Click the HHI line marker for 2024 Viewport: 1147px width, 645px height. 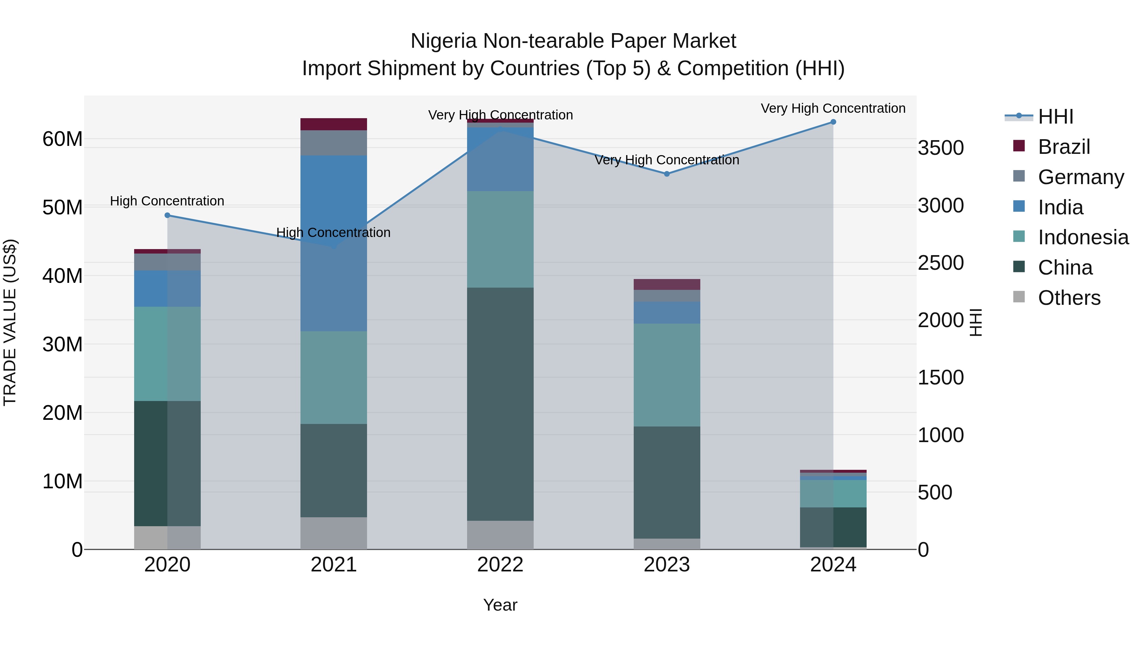(x=833, y=122)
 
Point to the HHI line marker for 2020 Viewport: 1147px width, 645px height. (x=167, y=215)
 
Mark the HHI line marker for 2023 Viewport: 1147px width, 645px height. (x=667, y=174)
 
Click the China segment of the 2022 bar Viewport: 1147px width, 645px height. (x=500, y=404)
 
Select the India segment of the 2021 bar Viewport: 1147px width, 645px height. (x=334, y=243)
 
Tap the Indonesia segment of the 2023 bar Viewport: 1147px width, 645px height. (x=667, y=375)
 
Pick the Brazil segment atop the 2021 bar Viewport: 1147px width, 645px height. (x=334, y=124)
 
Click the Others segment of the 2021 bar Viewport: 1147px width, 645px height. (x=334, y=533)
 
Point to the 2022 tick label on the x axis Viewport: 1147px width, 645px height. (x=500, y=565)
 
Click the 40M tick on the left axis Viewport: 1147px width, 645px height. (x=62, y=276)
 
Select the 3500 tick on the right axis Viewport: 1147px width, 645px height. (x=941, y=148)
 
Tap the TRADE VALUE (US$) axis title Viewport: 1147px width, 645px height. (x=10, y=322)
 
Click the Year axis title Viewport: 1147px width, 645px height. (x=500, y=605)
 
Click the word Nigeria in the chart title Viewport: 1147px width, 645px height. (x=444, y=41)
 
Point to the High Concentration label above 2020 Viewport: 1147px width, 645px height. (x=167, y=201)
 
